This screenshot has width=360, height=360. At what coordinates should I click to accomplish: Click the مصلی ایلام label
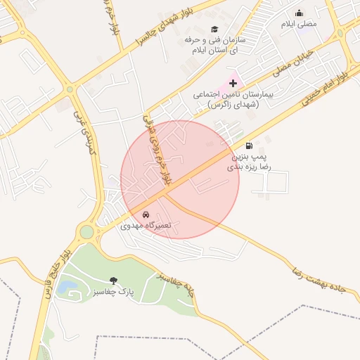click(300, 24)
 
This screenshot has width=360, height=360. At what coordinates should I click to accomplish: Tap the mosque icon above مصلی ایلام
click(300, 13)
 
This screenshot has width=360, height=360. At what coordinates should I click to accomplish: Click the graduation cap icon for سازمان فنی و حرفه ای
click(214, 28)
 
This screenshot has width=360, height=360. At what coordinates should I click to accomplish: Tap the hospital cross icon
click(233, 84)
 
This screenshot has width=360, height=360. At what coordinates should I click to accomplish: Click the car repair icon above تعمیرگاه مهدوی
click(146, 214)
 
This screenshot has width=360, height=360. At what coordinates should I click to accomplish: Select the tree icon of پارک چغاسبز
click(114, 281)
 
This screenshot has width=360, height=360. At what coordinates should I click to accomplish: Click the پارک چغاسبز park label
click(112, 292)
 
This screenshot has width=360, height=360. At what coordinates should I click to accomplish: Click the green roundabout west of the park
click(86, 232)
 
